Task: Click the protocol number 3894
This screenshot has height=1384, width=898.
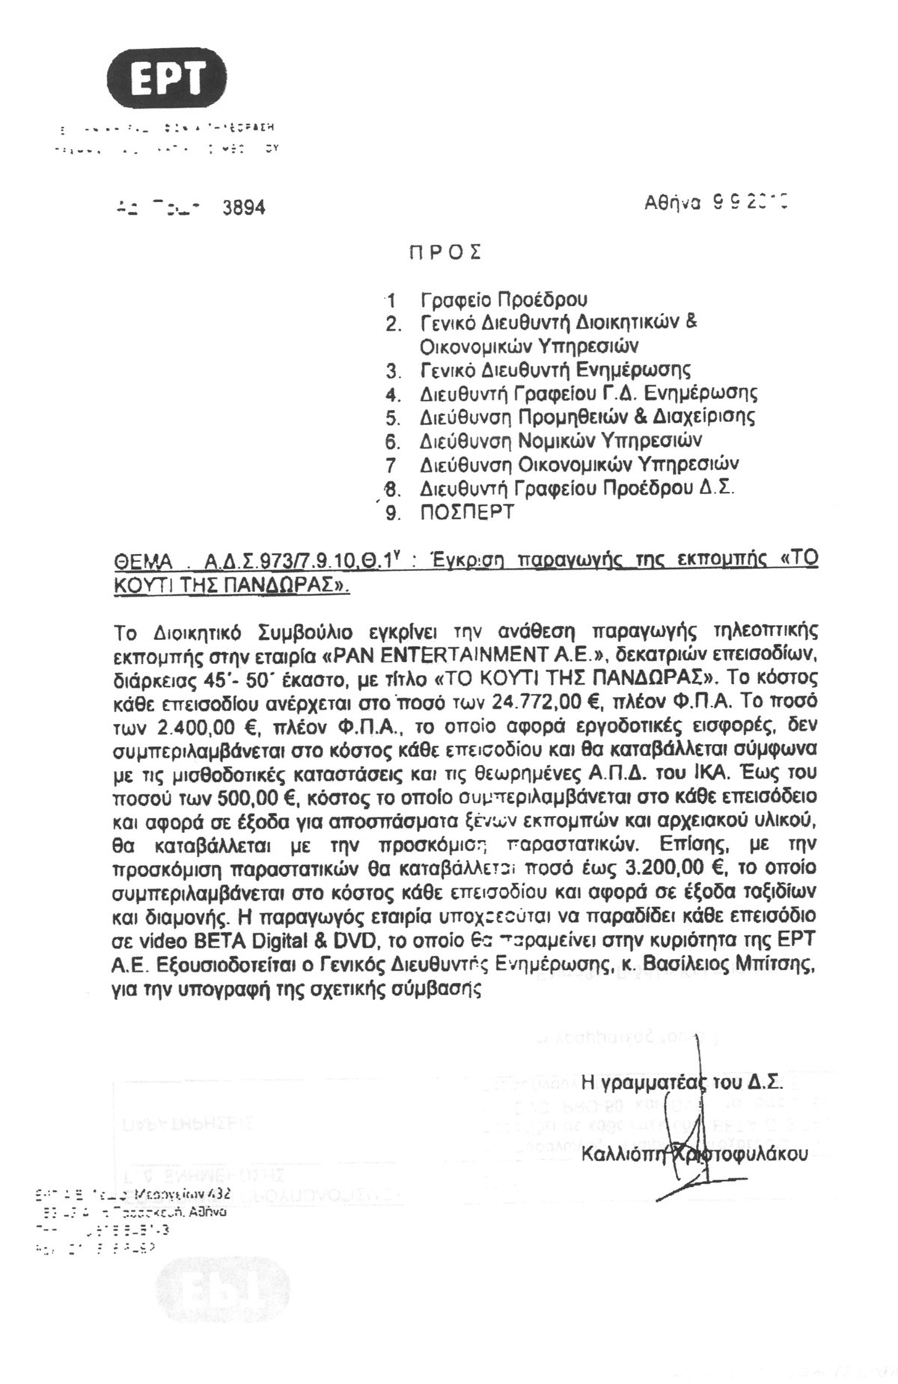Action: (244, 207)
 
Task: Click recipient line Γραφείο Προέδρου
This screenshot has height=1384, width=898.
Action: (504, 300)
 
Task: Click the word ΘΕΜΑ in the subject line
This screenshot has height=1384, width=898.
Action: (142, 561)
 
